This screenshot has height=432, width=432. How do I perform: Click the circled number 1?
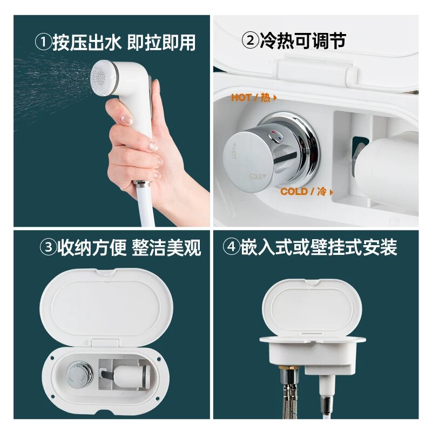(x=43, y=43)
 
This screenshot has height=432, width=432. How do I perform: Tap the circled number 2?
(x=250, y=40)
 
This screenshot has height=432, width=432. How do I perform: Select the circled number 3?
(x=48, y=247)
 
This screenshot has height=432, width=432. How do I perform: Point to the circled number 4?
(x=232, y=246)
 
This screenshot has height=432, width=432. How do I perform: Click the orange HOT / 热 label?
(x=253, y=98)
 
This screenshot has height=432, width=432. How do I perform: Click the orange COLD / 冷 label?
(x=307, y=192)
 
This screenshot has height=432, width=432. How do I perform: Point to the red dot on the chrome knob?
(x=273, y=132)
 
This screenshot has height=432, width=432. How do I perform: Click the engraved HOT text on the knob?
(x=234, y=151)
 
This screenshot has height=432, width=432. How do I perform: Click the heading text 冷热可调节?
(x=303, y=40)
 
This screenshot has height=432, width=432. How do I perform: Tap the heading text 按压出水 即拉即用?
(x=124, y=43)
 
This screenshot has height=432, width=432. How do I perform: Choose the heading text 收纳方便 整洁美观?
(x=129, y=247)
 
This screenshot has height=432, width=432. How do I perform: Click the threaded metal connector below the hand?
(x=142, y=183)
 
